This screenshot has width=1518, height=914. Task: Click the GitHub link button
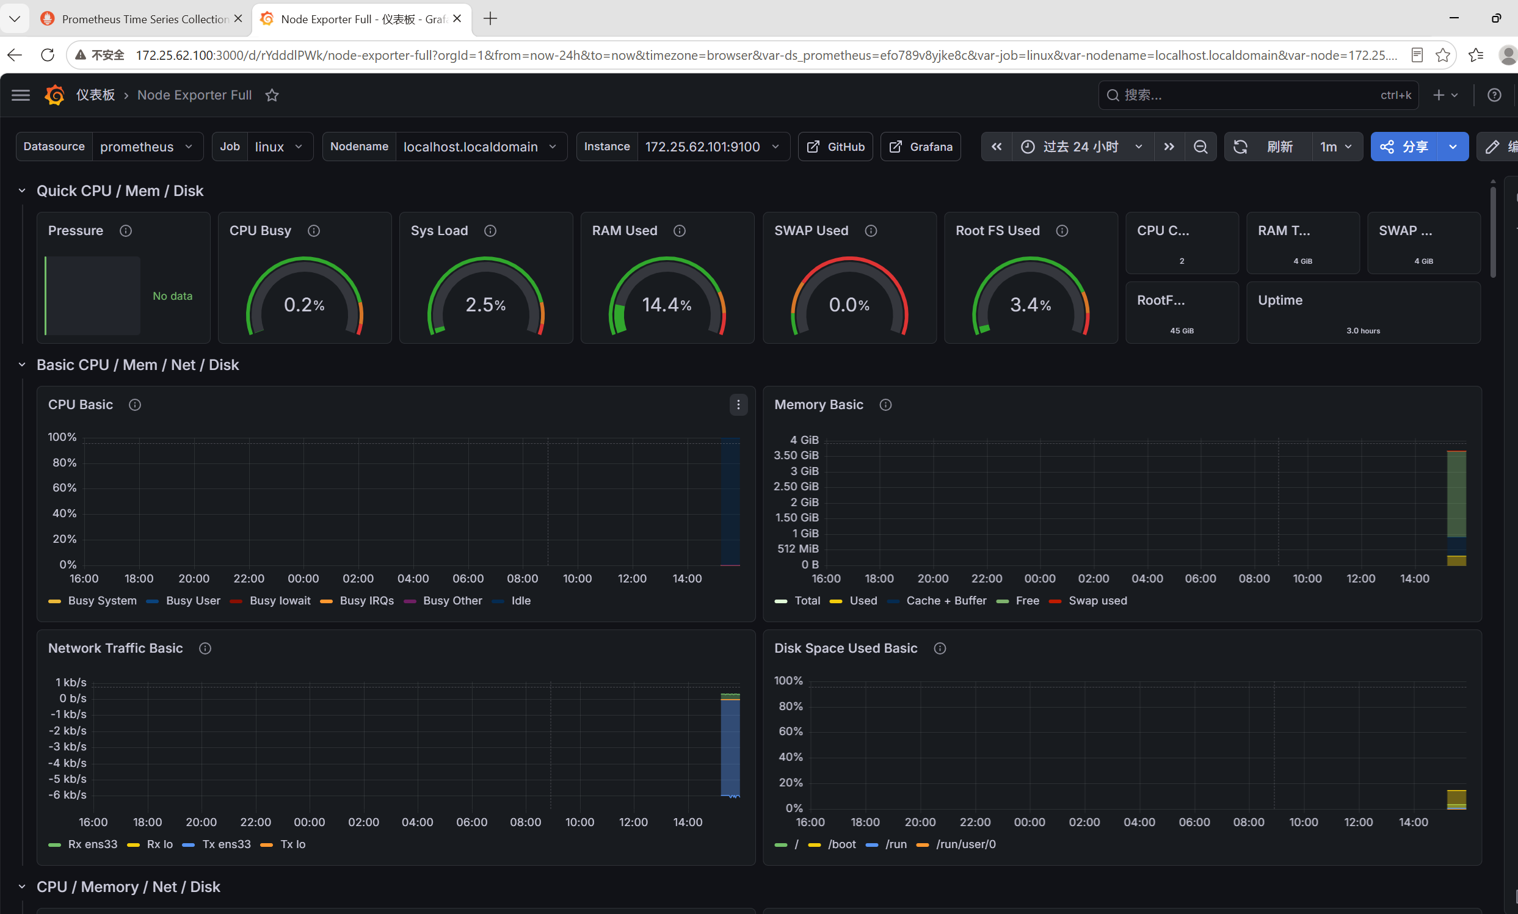coord(835,147)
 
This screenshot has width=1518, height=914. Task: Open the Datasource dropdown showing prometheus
coord(147,147)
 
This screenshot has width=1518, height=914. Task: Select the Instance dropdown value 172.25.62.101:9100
coord(713,147)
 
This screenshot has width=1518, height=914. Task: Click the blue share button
coord(1404,147)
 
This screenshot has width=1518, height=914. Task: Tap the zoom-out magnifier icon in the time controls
coord(1200,147)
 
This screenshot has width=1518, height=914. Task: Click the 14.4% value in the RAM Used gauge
coord(667,304)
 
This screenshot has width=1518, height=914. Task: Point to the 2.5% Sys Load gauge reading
coord(485,304)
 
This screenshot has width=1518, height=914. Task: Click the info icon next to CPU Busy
coord(313,231)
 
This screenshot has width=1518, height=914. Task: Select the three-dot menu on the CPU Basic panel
coord(738,405)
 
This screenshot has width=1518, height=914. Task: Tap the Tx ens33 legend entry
coord(217,844)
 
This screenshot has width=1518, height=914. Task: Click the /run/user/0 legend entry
coord(956,844)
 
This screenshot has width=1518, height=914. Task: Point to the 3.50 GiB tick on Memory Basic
coord(796,455)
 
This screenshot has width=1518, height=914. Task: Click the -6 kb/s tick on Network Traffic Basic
coord(67,794)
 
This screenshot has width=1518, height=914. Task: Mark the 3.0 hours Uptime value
coord(1363,331)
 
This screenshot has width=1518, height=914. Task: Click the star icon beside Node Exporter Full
coord(272,95)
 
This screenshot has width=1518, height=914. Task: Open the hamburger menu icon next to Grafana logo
coord(21,95)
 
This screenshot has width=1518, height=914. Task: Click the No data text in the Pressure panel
coord(172,296)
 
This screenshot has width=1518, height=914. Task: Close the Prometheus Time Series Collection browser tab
coord(238,18)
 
